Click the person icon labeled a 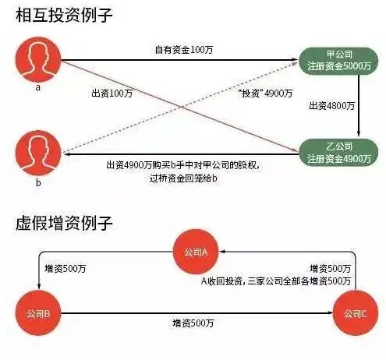pos(38,60)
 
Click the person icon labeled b pos(38,154)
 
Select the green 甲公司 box pos(338,61)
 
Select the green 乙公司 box pos(338,153)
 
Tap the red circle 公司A pos(196,252)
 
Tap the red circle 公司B pos(38,313)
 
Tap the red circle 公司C pos(356,313)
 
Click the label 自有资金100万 pos(184,50)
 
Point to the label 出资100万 pos(112,94)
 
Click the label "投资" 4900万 pos(265,94)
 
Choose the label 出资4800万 pos(331,106)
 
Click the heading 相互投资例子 pos(64,15)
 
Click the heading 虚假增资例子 pos(64,223)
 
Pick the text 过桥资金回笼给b pos(183,178)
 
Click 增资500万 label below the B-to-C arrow pos(193,323)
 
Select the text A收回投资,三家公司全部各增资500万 pos(276,281)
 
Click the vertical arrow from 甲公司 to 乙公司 pos(359,105)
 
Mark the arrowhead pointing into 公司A pos(222,252)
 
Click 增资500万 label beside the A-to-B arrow pos(66,269)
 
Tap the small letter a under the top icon pos(38,87)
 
